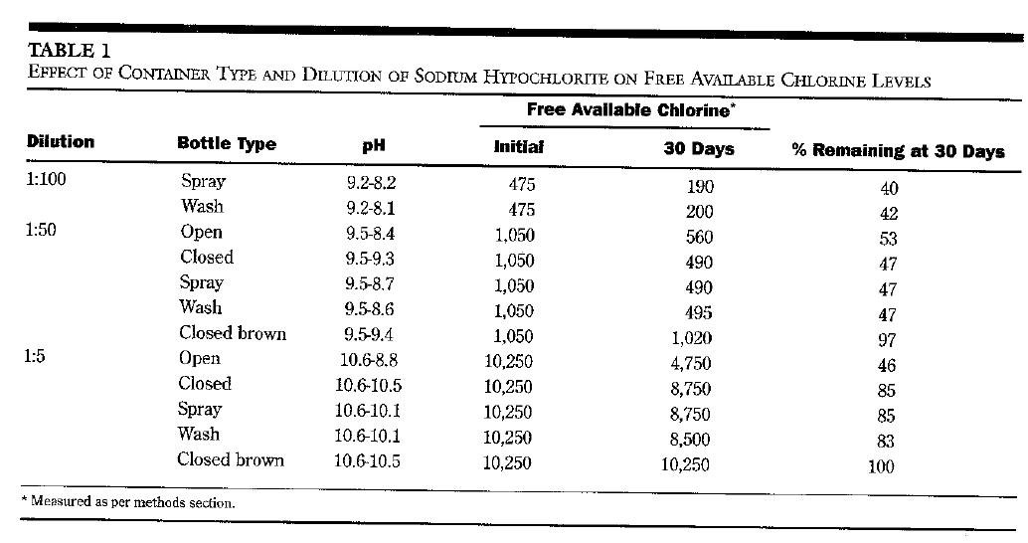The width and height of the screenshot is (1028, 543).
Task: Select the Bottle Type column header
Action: tap(227, 144)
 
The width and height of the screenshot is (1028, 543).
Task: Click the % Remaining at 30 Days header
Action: tap(898, 151)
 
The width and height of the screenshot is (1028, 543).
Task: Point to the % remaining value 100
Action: tap(881, 466)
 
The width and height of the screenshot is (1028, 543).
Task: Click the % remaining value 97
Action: tap(888, 339)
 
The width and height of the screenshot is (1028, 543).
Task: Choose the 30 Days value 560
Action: tap(700, 237)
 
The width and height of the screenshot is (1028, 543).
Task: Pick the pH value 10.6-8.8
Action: tap(369, 360)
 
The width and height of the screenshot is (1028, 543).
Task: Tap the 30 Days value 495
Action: tap(700, 312)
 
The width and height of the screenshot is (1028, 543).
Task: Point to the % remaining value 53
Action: tap(888, 239)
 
